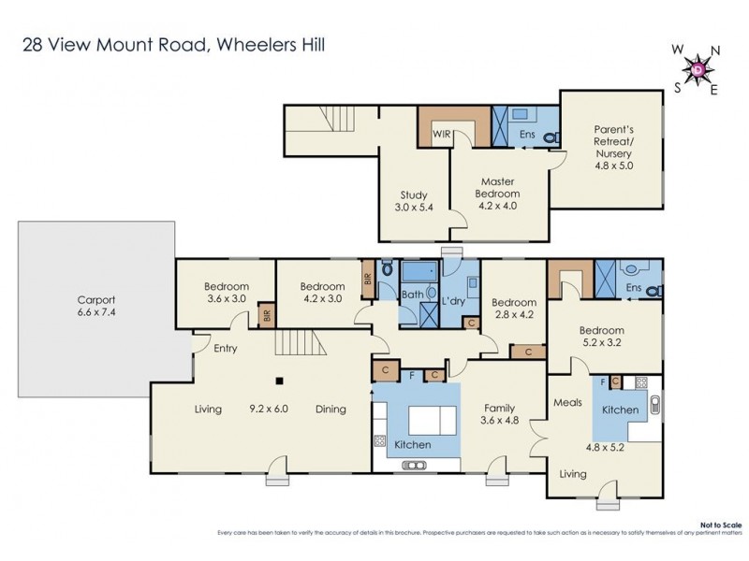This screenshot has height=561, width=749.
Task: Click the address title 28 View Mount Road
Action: pyautogui.click(x=173, y=44)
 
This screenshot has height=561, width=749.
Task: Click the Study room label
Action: pyautogui.click(x=414, y=195)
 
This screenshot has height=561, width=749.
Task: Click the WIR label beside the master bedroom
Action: pyautogui.click(x=442, y=135)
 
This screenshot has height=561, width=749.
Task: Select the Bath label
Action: pyautogui.click(x=413, y=295)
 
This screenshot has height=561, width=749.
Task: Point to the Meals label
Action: pyautogui.click(x=567, y=403)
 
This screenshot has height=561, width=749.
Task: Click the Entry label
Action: pyautogui.click(x=224, y=349)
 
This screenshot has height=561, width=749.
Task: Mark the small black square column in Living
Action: pyautogui.click(x=278, y=381)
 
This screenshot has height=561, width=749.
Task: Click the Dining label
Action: pyautogui.click(x=330, y=410)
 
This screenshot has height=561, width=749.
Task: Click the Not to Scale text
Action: pyautogui.click(x=726, y=525)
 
